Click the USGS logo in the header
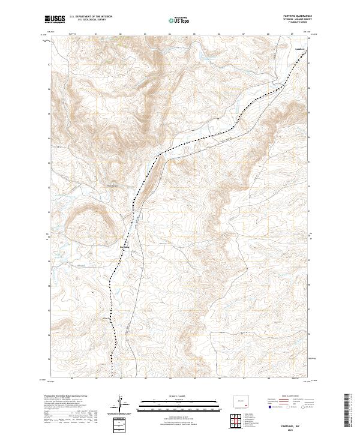(x=55, y=19)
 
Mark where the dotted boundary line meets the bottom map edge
(x=111, y=379)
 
